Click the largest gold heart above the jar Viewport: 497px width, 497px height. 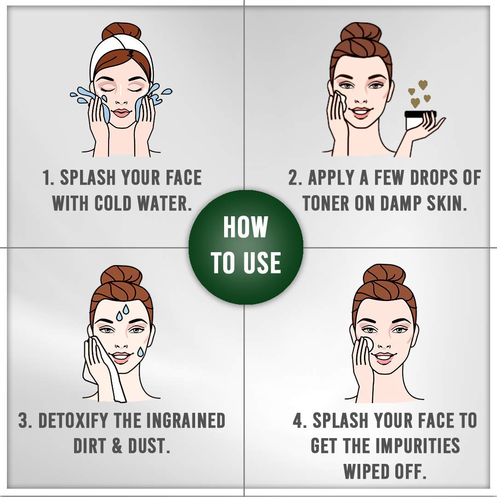pyautogui.click(x=415, y=102)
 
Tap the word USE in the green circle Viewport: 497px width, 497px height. pyautogui.click(x=262, y=263)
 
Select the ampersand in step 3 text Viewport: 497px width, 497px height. pyautogui.click(x=116, y=445)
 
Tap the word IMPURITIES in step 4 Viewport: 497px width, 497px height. pyautogui.click(x=417, y=445)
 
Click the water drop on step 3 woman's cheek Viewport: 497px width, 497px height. pyautogui.click(x=140, y=352)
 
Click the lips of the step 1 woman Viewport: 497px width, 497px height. pyautogui.click(x=121, y=113)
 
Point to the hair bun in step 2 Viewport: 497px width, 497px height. pyautogui.click(x=360, y=32)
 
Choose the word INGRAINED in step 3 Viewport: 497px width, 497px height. pyautogui.click(x=185, y=420)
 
